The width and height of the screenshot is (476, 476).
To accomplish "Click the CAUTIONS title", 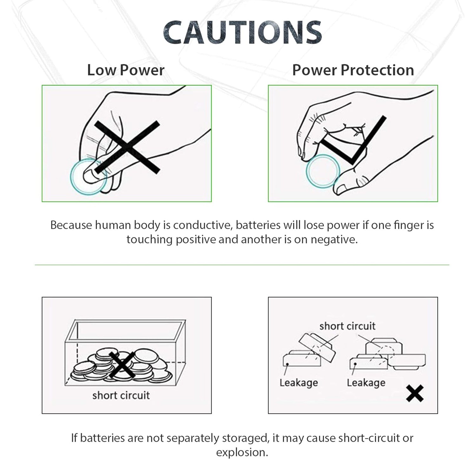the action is tap(242, 32).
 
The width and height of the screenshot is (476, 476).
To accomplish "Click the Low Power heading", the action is tap(126, 70).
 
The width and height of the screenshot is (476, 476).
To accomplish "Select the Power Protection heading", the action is tap(353, 70).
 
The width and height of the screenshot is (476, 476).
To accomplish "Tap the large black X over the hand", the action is tap(127, 147).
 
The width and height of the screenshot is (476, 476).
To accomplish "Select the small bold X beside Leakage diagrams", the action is tap(415, 393).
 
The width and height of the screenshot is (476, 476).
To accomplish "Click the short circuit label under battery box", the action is tap(121, 395).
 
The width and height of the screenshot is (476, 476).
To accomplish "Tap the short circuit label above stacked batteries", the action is tap(347, 326).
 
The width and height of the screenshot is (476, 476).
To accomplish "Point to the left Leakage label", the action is tap(299, 383).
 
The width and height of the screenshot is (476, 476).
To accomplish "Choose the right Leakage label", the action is tap(366, 383).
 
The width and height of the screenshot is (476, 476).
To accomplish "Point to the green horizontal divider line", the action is tap(242, 265).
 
